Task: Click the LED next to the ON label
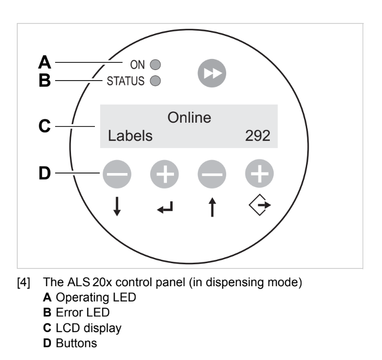155,63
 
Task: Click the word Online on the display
189,117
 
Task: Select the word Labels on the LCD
130,136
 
